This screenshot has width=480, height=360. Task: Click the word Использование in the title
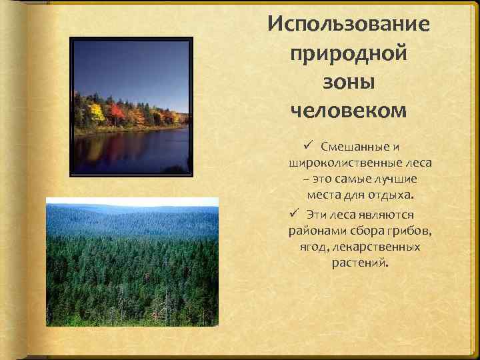pos(349,25)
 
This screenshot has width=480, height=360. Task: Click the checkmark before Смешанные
pos(307,145)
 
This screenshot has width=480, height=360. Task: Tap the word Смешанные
pos(351,146)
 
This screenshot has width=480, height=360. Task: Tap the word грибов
pos(409,231)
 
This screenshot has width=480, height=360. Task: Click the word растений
pos(359,264)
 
